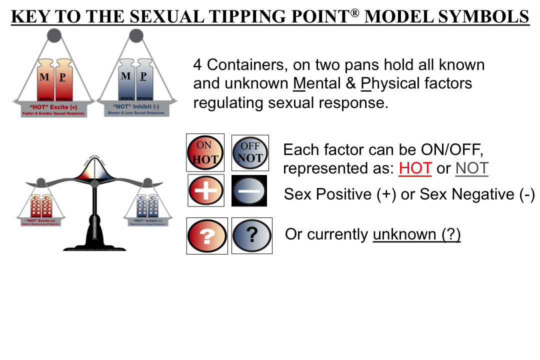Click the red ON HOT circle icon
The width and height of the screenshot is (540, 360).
205,152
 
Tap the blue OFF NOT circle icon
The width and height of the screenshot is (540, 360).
250,152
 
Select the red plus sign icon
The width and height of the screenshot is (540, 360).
205,190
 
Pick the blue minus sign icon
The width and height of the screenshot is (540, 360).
249,190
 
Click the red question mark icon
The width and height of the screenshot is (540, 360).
207,235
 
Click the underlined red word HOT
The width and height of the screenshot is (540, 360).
415,168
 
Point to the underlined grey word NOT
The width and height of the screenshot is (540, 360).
471,168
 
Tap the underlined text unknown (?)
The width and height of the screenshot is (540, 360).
416,234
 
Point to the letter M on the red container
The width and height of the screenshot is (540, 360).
44,77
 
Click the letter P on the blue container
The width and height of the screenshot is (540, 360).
143,76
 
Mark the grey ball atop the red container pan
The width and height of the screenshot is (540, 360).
54,35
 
